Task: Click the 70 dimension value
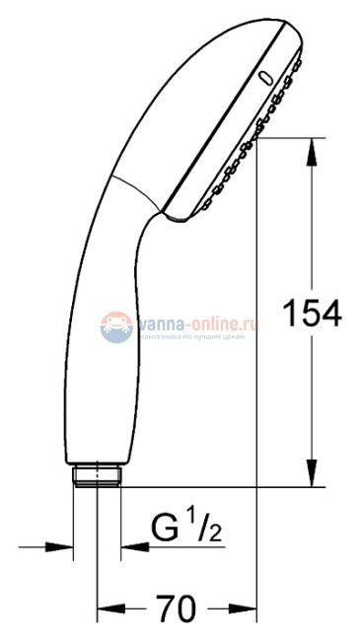click(x=177, y=605)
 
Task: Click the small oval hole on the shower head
click(x=264, y=76)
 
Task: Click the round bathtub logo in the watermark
click(x=116, y=325)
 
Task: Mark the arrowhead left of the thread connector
click(x=63, y=544)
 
